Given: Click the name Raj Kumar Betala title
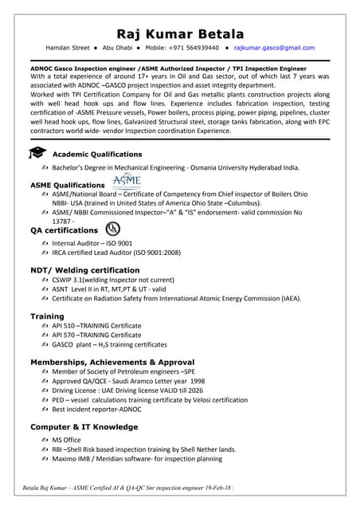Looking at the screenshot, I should coord(179,33).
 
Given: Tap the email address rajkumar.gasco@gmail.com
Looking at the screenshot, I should coord(274,48).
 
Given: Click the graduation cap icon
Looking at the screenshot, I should coord(37,153).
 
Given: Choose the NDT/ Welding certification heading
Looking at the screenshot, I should coord(84,270).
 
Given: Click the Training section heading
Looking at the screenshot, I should coord(47,316).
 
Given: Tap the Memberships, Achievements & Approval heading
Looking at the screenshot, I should coord(112,362).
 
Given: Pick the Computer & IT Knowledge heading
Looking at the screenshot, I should coord(84,427).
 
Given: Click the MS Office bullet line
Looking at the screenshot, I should coord(66,440).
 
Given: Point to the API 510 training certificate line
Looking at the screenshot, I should coord(96,327).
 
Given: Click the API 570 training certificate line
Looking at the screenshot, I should coord(96,335).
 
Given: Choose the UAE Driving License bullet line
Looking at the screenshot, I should coord(127,391).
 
